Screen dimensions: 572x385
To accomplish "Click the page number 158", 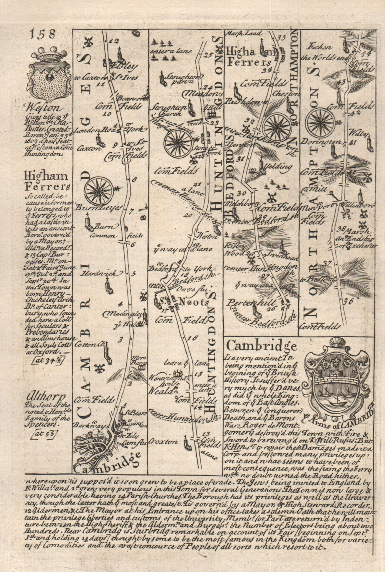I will pyautogui.click(x=42, y=34).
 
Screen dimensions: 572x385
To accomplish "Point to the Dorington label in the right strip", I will pyautogui.click(x=325, y=142).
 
